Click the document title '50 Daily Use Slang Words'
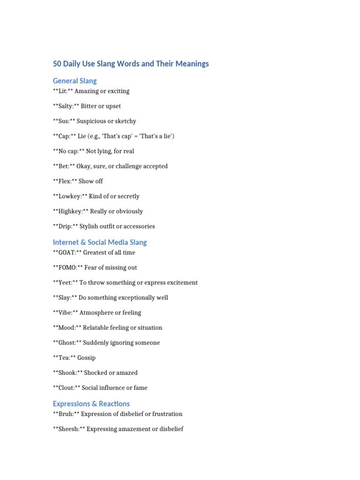tap(131, 64)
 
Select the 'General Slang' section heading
tap(75, 81)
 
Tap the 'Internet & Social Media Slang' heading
tap(100, 242)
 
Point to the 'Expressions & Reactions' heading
tap(91, 404)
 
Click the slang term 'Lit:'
tap(63, 91)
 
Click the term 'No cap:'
tap(69, 151)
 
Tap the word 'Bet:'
tap(64, 166)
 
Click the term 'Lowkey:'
tap(70, 196)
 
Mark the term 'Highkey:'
tap(70, 211)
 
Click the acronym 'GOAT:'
tap(67, 253)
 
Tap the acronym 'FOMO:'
tap(69, 268)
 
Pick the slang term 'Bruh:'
tap(66, 414)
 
